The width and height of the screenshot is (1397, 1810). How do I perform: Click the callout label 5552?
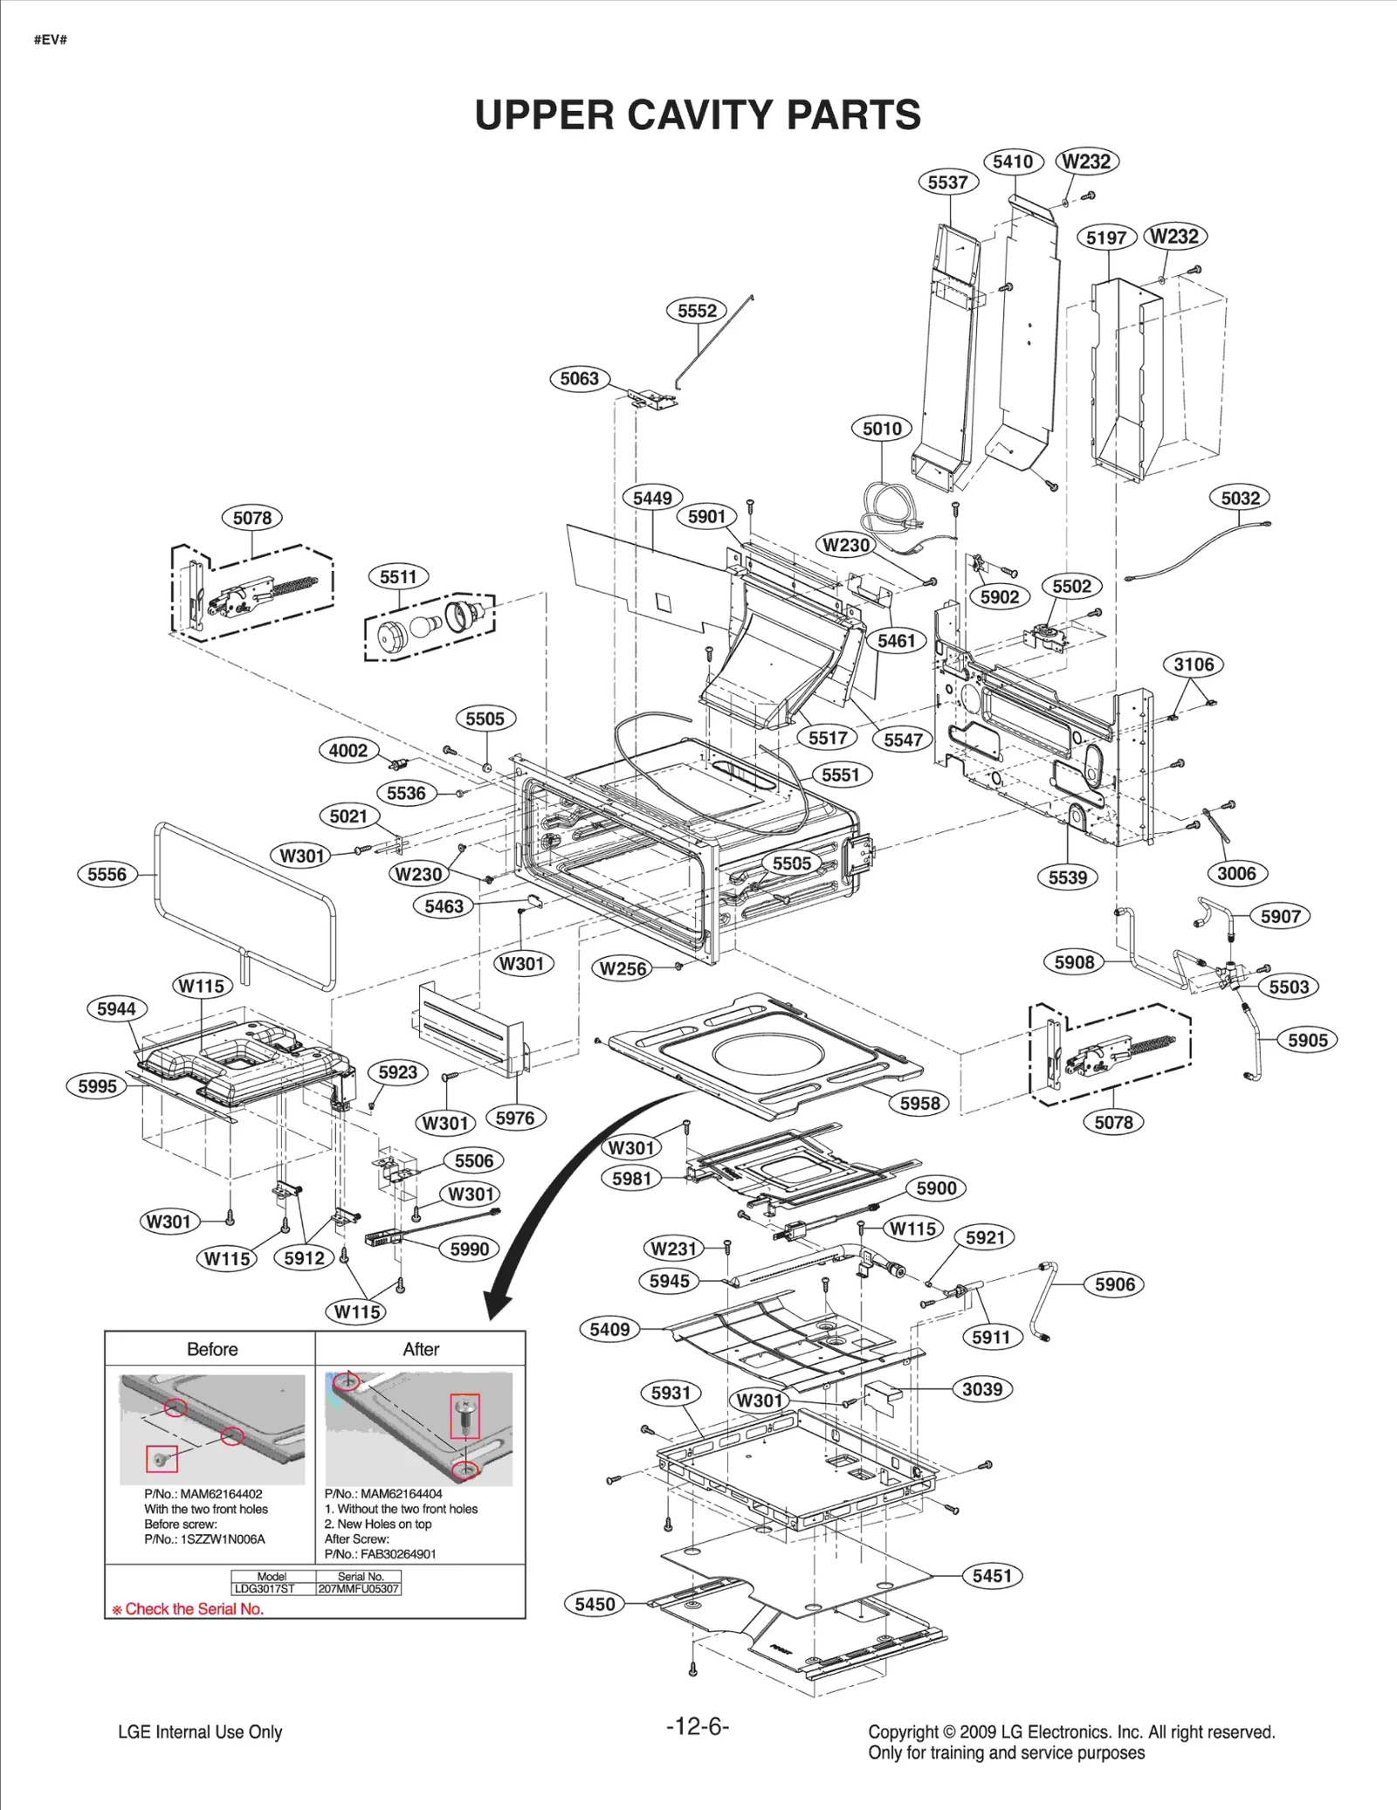pyautogui.click(x=697, y=311)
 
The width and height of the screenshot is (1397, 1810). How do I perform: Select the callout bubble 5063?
pyautogui.click(x=580, y=378)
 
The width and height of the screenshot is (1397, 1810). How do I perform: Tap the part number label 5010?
pyautogui.click(x=882, y=429)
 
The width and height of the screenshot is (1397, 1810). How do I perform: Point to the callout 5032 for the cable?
pyautogui.click(x=1240, y=498)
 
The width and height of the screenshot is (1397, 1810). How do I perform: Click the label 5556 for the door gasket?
pyautogui.click(x=107, y=874)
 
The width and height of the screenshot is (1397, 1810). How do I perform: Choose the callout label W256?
pyautogui.click(x=623, y=968)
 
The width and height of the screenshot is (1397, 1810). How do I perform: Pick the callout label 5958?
pyautogui.click(x=919, y=1103)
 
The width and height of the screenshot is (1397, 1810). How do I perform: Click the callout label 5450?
pyautogui.click(x=595, y=1604)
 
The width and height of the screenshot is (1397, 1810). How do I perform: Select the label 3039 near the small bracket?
pyautogui.click(x=982, y=1389)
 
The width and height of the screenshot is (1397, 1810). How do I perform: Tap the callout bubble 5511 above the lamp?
pyautogui.click(x=398, y=576)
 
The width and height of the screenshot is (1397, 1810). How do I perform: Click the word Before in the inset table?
pyautogui.click(x=212, y=1349)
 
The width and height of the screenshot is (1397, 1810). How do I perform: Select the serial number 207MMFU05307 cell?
pyautogui.click(x=359, y=1589)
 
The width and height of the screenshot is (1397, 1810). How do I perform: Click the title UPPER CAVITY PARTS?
pyautogui.click(x=698, y=114)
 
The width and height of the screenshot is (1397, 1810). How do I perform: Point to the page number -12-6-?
pyautogui.click(x=697, y=1726)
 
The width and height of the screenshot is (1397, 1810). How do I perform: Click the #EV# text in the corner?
pyautogui.click(x=51, y=40)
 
